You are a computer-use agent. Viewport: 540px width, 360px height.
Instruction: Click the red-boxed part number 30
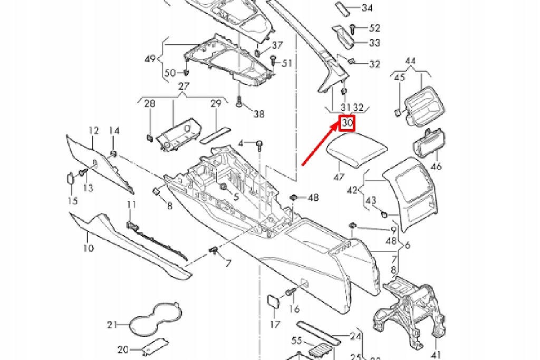click(x=347, y=123)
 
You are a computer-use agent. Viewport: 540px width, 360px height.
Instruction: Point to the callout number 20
click(x=123, y=349)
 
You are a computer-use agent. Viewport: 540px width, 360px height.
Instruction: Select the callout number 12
click(x=93, y=130)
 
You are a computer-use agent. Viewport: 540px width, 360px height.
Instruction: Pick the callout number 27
click(x=184, y=86)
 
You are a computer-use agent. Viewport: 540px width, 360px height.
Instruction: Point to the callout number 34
click(x=367, y=8)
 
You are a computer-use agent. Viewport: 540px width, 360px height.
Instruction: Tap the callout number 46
click(x=436, y=167)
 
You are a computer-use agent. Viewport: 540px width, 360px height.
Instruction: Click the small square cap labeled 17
click(x=275, y=301)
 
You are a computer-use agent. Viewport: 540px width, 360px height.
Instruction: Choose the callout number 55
click(x=297, y=340)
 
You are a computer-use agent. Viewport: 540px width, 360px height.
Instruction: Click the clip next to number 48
click(x=293, y=198)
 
